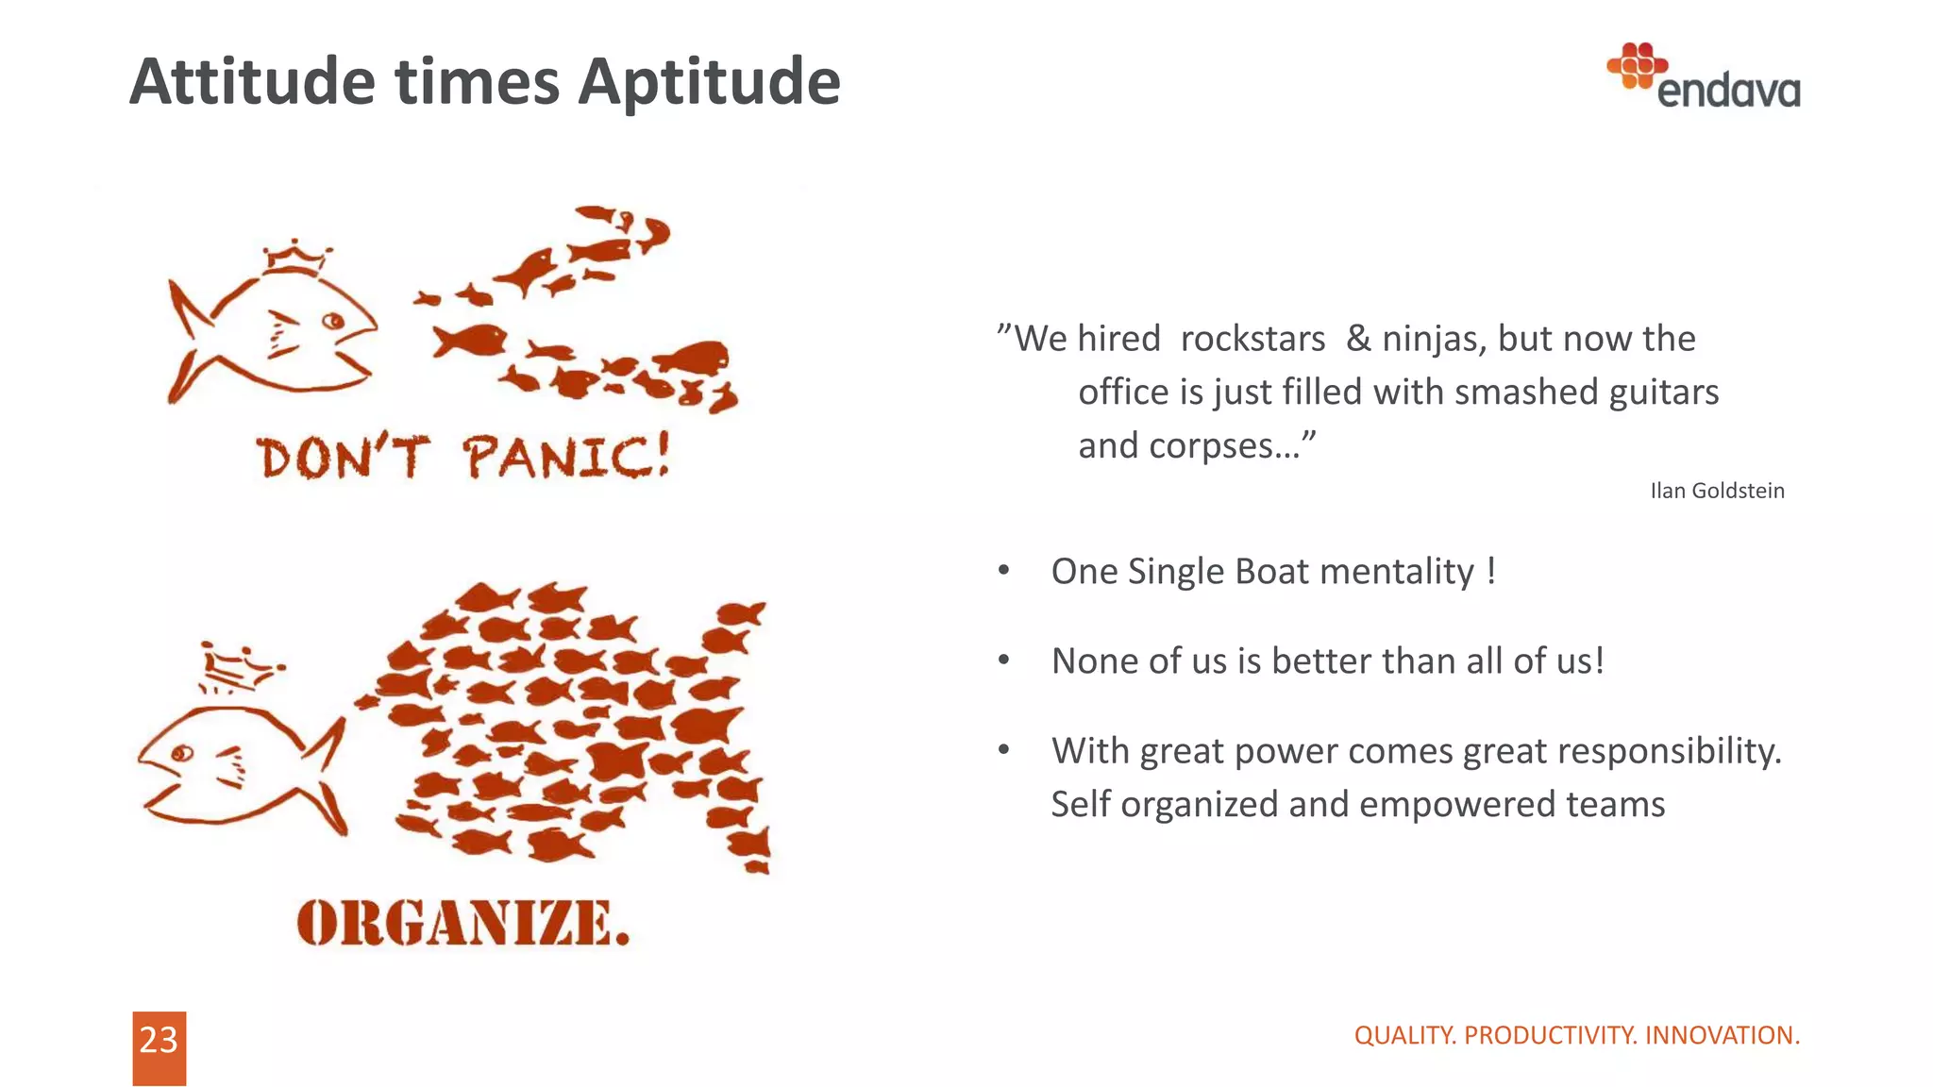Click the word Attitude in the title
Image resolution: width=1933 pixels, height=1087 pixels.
[x=253, y=83]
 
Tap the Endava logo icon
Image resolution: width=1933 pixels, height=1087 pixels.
[x=1637, y=66]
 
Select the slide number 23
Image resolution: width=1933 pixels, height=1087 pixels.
[x=159, y=1041]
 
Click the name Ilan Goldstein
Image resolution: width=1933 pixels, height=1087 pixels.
[x=1717, y=491]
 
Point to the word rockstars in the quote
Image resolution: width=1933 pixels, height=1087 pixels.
[x=1252, y=339]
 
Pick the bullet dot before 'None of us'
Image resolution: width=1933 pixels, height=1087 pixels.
[x=1004, y=661]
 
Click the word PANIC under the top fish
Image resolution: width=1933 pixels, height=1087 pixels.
[x=565, y=458]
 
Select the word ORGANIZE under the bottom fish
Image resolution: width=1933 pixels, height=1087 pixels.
[x=462, y=923]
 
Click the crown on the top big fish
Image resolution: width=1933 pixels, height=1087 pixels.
[x=296, y=258]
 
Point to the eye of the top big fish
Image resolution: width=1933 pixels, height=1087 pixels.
[x=333, y=322]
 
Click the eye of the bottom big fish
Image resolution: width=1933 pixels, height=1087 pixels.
[x=181, y=753]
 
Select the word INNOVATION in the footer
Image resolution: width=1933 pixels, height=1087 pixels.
[x=1722, y=1035]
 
